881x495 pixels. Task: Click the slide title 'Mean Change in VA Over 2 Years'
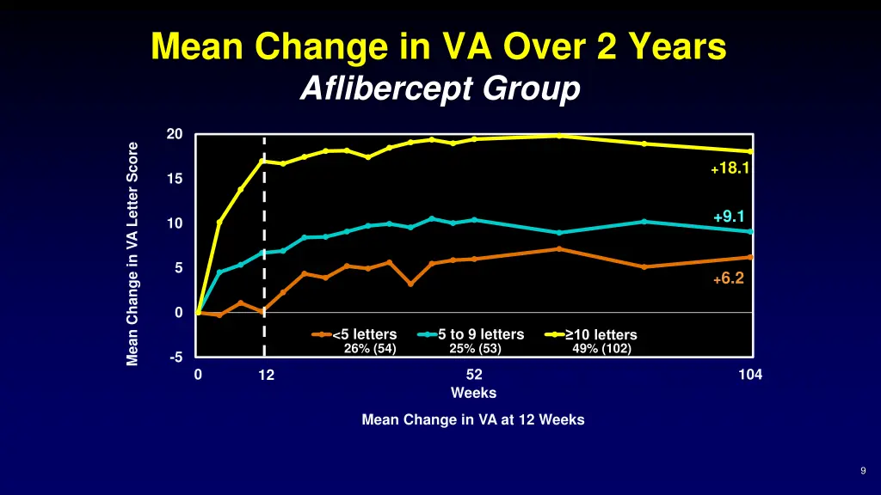(x=439, y=47)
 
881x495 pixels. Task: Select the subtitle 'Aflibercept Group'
(x=440, y=89)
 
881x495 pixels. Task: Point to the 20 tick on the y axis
(x=175, y=134)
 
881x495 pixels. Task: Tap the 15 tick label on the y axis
(x=175, y=179)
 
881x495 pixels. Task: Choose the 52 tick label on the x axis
(x=474, y=375)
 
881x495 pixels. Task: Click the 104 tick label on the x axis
(x=750, y=375)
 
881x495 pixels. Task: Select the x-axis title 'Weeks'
(x=474, y=393)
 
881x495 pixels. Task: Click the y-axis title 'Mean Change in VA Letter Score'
(x=132, y=254)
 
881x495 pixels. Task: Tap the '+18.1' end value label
(x=730, y=169)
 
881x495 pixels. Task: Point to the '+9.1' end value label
(x=729, y=217)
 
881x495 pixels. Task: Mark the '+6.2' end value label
(x=728, y=278)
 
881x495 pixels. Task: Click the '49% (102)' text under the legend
(x=601, y=348)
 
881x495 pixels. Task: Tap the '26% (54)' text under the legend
(x=370, y=348)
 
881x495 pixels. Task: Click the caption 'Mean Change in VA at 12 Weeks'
(x=473, y=420)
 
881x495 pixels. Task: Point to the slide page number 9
(x=862, y=470)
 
